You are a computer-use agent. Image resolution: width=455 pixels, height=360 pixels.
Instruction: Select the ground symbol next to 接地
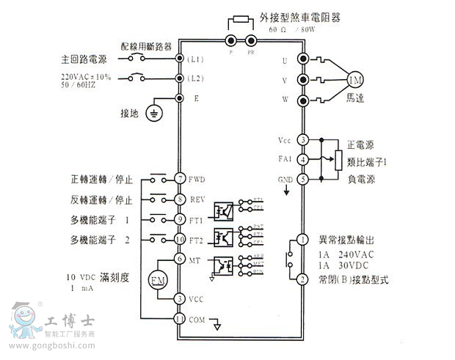(154, 112)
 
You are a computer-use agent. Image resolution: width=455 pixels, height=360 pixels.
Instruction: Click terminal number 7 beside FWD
(179, 179)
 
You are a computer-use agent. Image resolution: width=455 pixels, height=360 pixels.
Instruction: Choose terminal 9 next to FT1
(179, 219)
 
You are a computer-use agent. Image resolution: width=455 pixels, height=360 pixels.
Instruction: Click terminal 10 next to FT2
(179, 239)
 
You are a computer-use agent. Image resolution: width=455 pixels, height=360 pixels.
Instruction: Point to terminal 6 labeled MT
(179, 258)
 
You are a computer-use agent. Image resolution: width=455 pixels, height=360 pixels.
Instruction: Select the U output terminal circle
(302, 59)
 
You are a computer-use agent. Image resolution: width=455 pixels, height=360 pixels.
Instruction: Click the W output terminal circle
(302, 100)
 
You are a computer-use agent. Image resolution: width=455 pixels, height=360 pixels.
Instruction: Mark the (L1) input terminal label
(195, 58)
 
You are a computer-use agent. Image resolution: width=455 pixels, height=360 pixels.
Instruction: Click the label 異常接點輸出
(348, 240)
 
